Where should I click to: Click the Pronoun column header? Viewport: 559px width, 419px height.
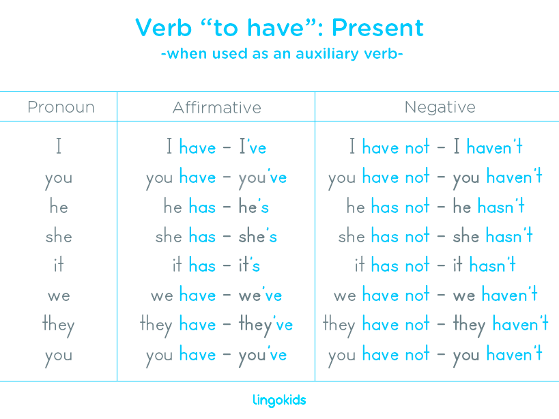(x=61, y=107)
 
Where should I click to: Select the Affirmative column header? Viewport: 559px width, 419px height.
(x=216, y=107)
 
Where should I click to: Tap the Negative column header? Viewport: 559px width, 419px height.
(x=440, y=107)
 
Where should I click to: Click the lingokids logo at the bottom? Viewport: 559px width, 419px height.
(x=279, y=400)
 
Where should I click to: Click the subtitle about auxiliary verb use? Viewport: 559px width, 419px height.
(x=281, y=53)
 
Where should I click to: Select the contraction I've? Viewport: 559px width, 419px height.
(x=253, y=147)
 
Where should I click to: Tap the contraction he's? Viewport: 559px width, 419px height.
(x=253, y=207)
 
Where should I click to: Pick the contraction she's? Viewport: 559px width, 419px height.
(x=257, y=237)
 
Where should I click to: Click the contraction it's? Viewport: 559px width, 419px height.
(x=249, y=265)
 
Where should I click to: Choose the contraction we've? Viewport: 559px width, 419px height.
(x=260, y=295)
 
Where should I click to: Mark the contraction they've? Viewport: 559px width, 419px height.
(x=266, y=325)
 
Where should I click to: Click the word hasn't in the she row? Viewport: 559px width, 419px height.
(x=509, y=236)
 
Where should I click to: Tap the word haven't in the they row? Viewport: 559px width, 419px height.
(x=520, y=325)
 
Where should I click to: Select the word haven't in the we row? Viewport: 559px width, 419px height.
(x=509, y=295)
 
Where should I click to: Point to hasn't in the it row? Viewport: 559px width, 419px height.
(x=492, y=265)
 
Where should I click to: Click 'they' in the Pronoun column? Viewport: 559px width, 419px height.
(x=58, y=325)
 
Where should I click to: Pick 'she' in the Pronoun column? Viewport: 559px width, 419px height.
(x=58, y=237)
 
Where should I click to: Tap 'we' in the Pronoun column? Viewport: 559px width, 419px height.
(x=58, y=296)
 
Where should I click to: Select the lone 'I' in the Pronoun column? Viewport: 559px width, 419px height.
(x=59, y=147)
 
